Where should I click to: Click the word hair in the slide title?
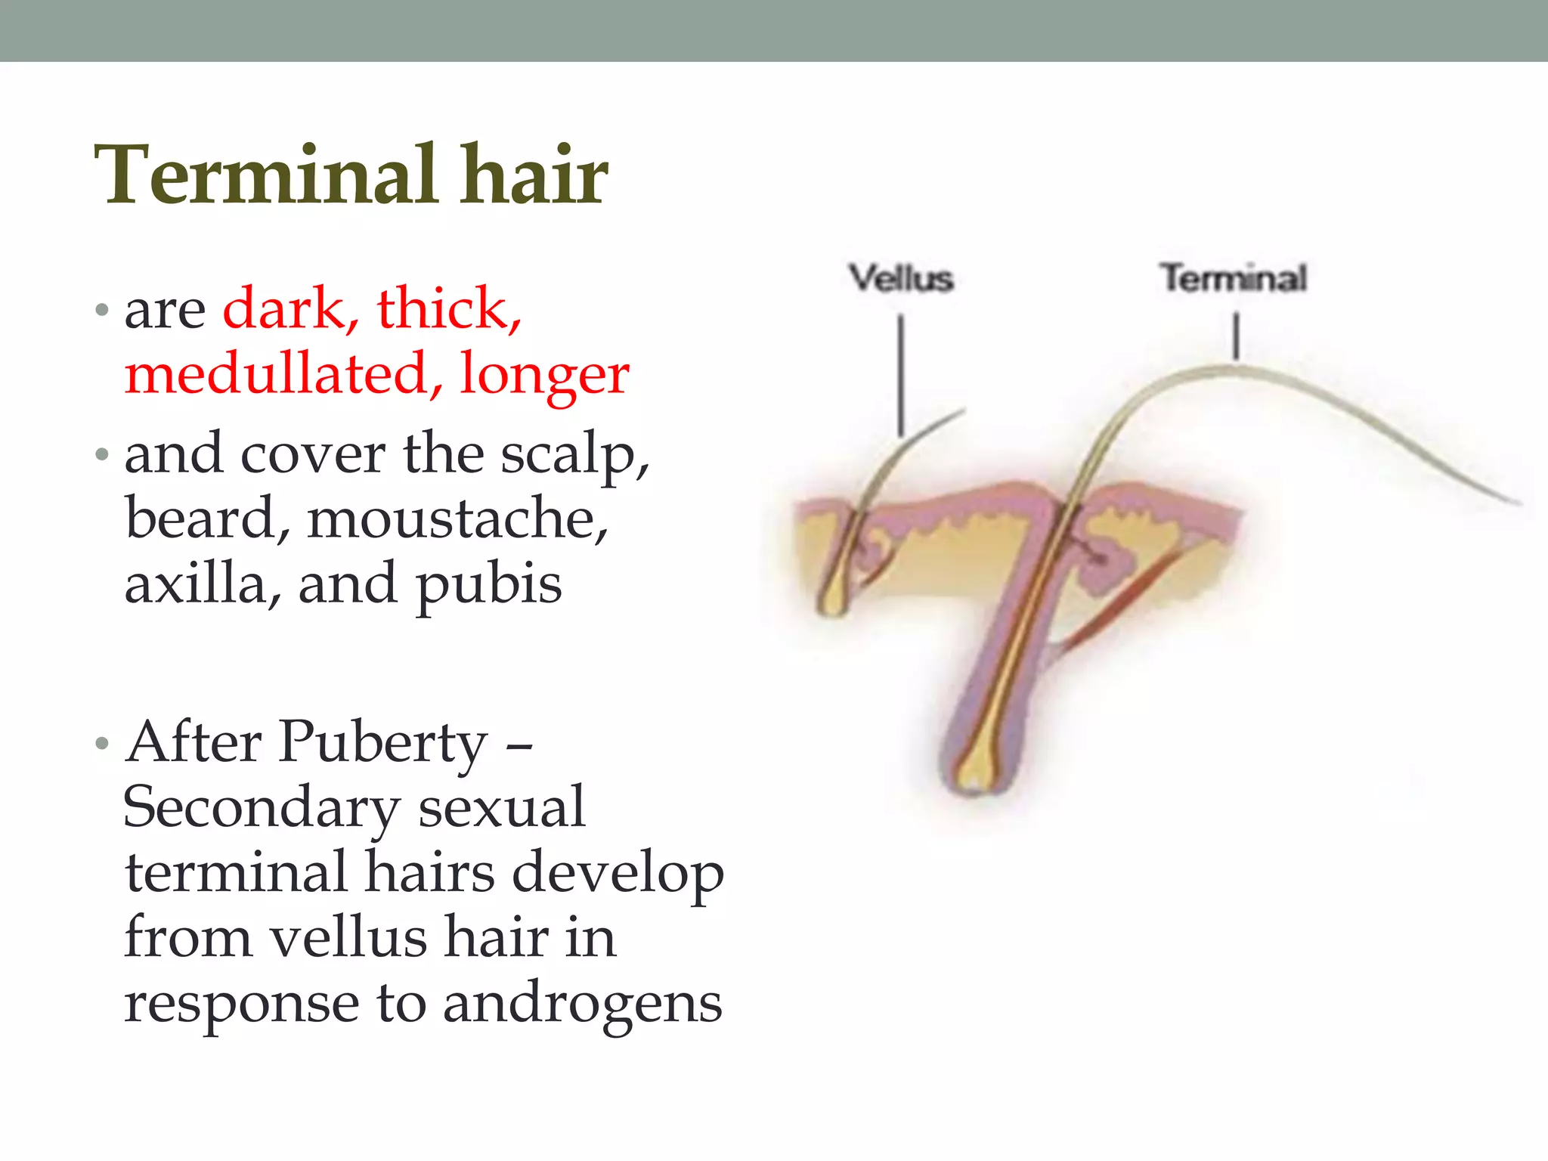click(x=533, y=175)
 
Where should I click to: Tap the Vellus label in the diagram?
click(x=900, y=278)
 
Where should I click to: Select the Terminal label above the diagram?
click(x=1234, y=277)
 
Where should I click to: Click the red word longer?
click(x=544, y=374)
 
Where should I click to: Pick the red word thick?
click(x=449, y=308)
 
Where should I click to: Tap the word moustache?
click(x=457, y=519)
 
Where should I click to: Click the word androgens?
click(x=582, y=1005)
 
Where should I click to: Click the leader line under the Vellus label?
click(x=900, y=374)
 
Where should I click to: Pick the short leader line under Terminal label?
click(x=1237, y=336)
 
